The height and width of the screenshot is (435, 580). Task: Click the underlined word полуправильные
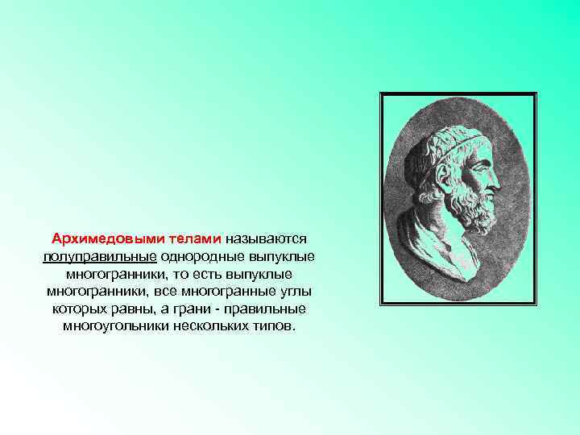click(x=100, y=256)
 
